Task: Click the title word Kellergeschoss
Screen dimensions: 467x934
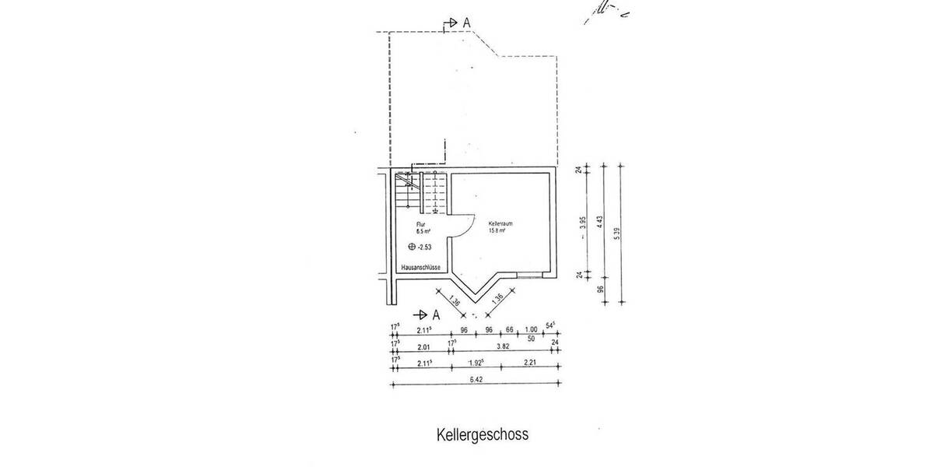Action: [483, 434]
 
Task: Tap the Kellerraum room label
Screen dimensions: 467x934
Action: [500, 223]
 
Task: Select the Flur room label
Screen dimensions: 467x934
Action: [420, 223]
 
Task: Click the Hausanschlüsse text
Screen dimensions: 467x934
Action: [421, 268]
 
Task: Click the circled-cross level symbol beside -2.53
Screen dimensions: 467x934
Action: [412, 247]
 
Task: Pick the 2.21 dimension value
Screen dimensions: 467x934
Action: [529, 363]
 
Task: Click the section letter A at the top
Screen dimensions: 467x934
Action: [466, 23]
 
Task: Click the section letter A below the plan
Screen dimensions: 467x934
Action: [436, 314]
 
